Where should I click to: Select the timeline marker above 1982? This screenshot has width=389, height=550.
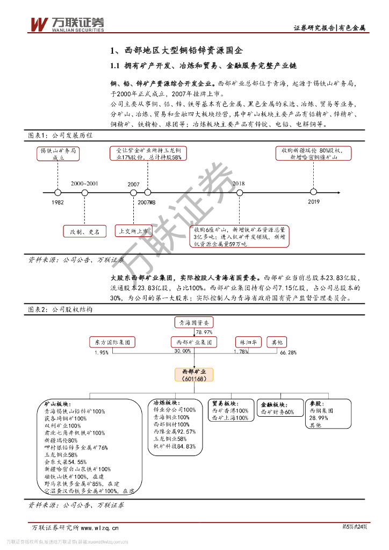coord(58,192)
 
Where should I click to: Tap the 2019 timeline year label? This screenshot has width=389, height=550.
coord(314,202)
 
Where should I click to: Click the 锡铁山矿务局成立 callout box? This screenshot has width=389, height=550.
coord(59,154)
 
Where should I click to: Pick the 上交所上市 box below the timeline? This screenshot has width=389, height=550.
coord(134,231)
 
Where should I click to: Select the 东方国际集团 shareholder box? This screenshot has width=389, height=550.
coord(112,342)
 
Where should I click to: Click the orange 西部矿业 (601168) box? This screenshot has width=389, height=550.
coord(194,374)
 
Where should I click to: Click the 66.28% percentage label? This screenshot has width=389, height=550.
coord(289,352)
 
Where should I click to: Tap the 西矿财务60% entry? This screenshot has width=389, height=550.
coord(277,412)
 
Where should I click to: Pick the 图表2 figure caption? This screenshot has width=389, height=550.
coord(60,310)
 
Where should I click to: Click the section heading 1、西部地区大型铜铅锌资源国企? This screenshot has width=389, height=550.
coord(176,51)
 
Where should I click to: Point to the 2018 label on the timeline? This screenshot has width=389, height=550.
coord(239,184)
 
